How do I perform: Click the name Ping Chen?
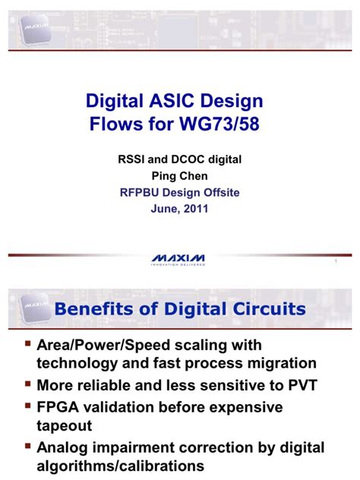point(179,176)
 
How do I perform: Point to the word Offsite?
point(217,193)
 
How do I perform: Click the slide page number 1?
point(335,263)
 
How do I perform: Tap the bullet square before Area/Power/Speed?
point(27,344)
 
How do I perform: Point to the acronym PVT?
point(295,385)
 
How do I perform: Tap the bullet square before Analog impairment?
point(27,447)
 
